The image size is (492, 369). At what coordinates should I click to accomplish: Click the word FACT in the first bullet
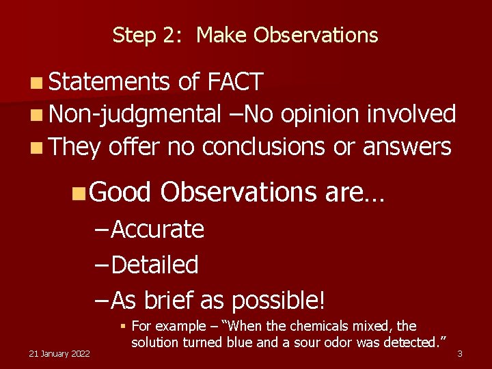(x=235, y=83)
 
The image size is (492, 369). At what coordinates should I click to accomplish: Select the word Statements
(x=109, y=83)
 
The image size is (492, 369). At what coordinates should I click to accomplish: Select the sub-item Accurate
(x=157, y=230)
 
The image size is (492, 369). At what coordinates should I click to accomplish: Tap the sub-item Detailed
(x=154, y=264)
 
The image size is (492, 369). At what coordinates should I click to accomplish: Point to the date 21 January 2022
(x=59, y=353)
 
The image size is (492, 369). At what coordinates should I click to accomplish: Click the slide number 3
(x=460, y=353)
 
